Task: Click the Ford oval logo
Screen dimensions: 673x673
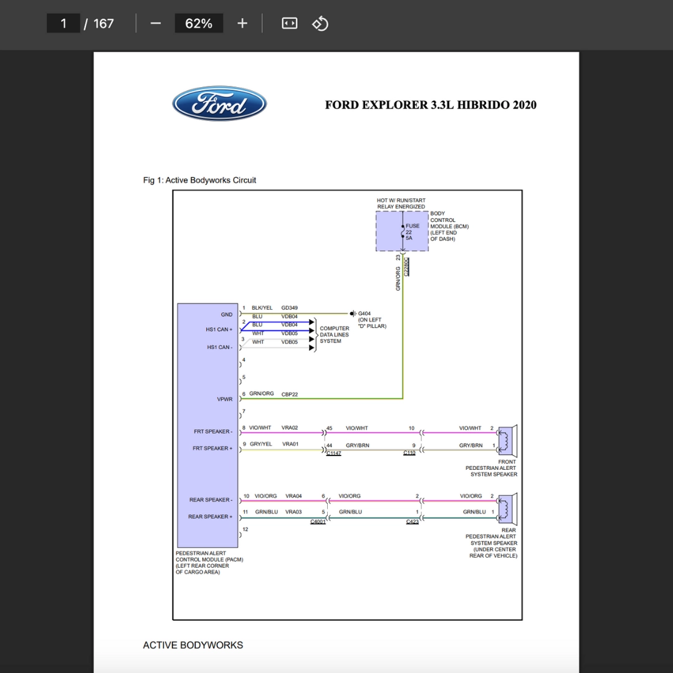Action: pyautogui.click(x=219, y=103)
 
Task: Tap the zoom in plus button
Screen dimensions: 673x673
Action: pyautogui.click(x=242, y=23)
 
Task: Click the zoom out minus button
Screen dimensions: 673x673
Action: pyautogui.click(x=156, y=23)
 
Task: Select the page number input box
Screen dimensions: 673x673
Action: pyautogui.click(x=63, y=23)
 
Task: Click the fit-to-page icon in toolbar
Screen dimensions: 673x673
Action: pyautogui.click(x=289, y=23)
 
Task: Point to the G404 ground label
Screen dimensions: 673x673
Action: pyautogui.click(x=364, y=313)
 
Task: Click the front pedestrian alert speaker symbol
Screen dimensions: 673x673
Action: pyautogui.click(x=507, y=441)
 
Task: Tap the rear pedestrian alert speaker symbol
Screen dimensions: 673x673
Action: pyautogui.click(x=507, y=509)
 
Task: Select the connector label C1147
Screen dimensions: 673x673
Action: pyautogui.click(x=333, y=453)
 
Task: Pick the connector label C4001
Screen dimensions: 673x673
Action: pyautogui.click(x=318, y=522)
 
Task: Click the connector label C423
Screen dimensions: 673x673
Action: pyautogui.click(x=412, y=522)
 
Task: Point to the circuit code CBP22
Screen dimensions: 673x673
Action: pyautogui.click(x=289, y=394)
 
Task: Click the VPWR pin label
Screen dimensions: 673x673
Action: pyautogui.click(x=224, y=399)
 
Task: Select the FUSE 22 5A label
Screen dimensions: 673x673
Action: pyautogui.click(x=412, y=232)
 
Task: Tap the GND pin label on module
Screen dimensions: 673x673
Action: pyautogui.click(x=227, y=315)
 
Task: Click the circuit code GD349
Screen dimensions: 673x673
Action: pyautogui.click(x=289, y=308)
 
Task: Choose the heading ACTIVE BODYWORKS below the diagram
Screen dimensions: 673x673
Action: pyautogui.click(x=193, y=645)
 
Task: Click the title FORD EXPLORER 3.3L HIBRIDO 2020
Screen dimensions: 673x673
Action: pyautogui.click(x=431, y=105)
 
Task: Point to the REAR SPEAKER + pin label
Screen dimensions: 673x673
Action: pyautogui.click(x=210, y=517)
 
